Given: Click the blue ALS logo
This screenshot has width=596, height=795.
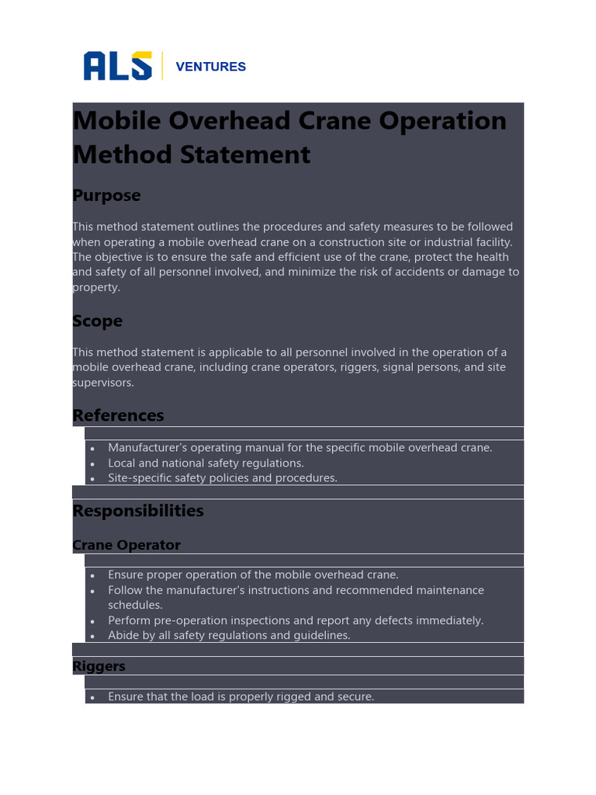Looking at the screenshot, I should click(117, 66).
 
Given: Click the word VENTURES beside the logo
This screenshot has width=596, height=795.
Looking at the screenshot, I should click(210, 67).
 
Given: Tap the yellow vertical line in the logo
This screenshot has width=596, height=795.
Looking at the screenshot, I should click(162, 66).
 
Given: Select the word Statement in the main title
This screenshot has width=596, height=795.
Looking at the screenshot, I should click(245, 154).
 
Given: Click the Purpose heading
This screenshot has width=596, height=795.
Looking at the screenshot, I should click(106, 196).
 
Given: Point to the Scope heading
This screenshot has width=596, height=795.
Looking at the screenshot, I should click(97, 321).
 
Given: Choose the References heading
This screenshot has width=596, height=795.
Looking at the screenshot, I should click(118, 415).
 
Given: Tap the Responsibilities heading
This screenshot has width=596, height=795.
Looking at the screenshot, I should click(138, 511).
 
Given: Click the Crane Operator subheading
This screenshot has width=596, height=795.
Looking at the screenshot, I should click(126, 545).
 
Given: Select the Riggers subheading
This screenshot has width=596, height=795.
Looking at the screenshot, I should click(99, 666).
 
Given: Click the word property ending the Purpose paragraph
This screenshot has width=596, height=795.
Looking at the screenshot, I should click(95, 287).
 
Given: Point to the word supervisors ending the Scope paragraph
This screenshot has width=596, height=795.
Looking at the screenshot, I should click(102, 383).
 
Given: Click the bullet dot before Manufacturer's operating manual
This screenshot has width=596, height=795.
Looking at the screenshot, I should click(92, 449).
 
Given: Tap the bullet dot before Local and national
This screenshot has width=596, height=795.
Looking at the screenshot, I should click(92, 463).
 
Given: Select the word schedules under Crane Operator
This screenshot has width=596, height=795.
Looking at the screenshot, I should click(135, 606).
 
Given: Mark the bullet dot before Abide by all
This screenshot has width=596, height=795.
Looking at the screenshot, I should click(92, 637).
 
